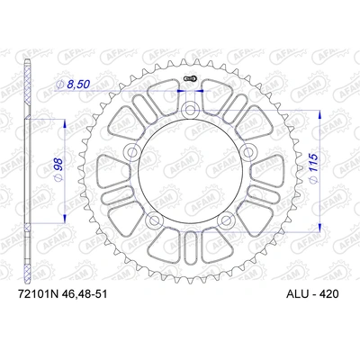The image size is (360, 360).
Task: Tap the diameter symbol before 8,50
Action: point(59,84)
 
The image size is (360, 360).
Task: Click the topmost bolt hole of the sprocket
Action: point(190,111)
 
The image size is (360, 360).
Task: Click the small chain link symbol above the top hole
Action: point(190,85)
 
